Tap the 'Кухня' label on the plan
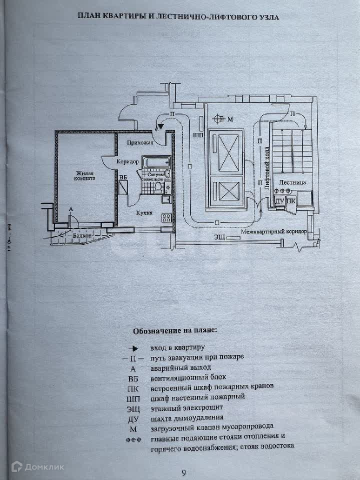pos(144,212)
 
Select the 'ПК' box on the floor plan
pos(290,201)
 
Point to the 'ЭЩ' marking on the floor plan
pos(219,236)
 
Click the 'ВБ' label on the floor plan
pos(123,176)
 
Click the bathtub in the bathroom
pos(156,162)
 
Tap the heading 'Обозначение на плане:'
pos(175,331)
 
